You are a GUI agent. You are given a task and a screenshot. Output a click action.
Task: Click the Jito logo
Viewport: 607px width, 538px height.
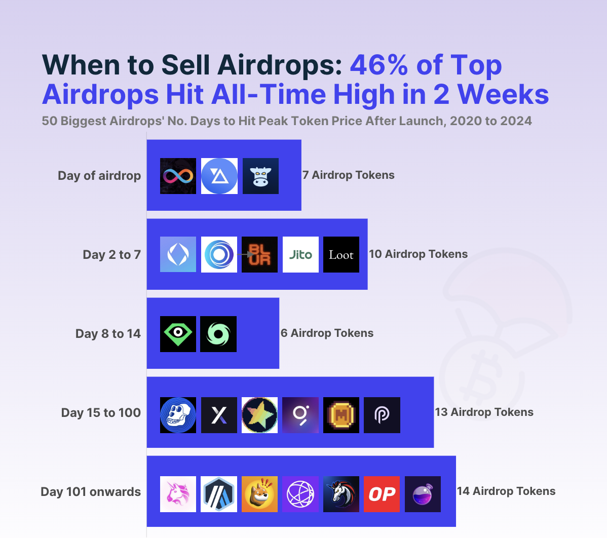pyautogui.click(x=300, y=254)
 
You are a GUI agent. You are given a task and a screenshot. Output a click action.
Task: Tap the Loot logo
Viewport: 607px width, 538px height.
pyautogui.click(x=341, y=254)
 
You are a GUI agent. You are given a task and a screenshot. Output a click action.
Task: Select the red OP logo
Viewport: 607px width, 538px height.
pyautogui.click(x=382, y=494)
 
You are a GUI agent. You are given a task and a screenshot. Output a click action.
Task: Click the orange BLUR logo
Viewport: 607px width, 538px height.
pyautogui.click(x=260, y=254)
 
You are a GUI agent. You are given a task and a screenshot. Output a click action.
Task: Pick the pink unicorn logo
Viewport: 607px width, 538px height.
pyautogui.click(x=178, y=494)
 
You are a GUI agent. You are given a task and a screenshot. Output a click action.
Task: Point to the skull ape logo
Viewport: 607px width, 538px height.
pyautogui.click(x=178, y=415)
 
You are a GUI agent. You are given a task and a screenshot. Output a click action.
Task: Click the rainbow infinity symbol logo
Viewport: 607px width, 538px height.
pyautogui.click(x=178, y=176)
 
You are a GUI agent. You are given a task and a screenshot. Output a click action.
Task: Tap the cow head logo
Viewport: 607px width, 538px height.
pyautogui.click(x=260, y=176)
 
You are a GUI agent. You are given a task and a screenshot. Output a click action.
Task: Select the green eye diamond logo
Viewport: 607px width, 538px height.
pyautogui.click(x=178, y=334)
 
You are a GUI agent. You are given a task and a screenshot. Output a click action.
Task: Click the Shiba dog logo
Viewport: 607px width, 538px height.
pyautogui.click(x=260, y=494)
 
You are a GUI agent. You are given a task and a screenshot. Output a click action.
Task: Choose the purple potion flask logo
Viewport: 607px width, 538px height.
pyautogui.click(x=423, y=494)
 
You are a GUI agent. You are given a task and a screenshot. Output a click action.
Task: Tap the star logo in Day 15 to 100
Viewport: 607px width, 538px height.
pyautogui.click(x=260, y=415)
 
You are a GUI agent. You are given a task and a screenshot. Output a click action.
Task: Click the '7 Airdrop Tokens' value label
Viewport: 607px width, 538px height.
pyautogui.click(x=349, y=175)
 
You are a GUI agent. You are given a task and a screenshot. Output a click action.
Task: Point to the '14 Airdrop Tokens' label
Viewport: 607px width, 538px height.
pyautogui.click(x=506, y=491)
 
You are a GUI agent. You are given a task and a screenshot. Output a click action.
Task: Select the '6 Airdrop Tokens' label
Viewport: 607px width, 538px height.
pyautogui.click(x=327, y=333)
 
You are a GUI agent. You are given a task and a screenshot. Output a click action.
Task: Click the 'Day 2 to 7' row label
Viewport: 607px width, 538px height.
pyautogui.click(x=112, y=255)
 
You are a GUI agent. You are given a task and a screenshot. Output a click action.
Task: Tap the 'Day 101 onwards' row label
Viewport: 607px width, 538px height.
pyautogui.click(x=91, y=491)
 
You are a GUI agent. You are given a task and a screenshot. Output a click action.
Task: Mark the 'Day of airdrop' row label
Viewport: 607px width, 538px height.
pyautogui.click(x=99, y=176)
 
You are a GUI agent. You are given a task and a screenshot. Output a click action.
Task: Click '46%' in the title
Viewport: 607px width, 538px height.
pyautogui.click(x=379, y=65)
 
